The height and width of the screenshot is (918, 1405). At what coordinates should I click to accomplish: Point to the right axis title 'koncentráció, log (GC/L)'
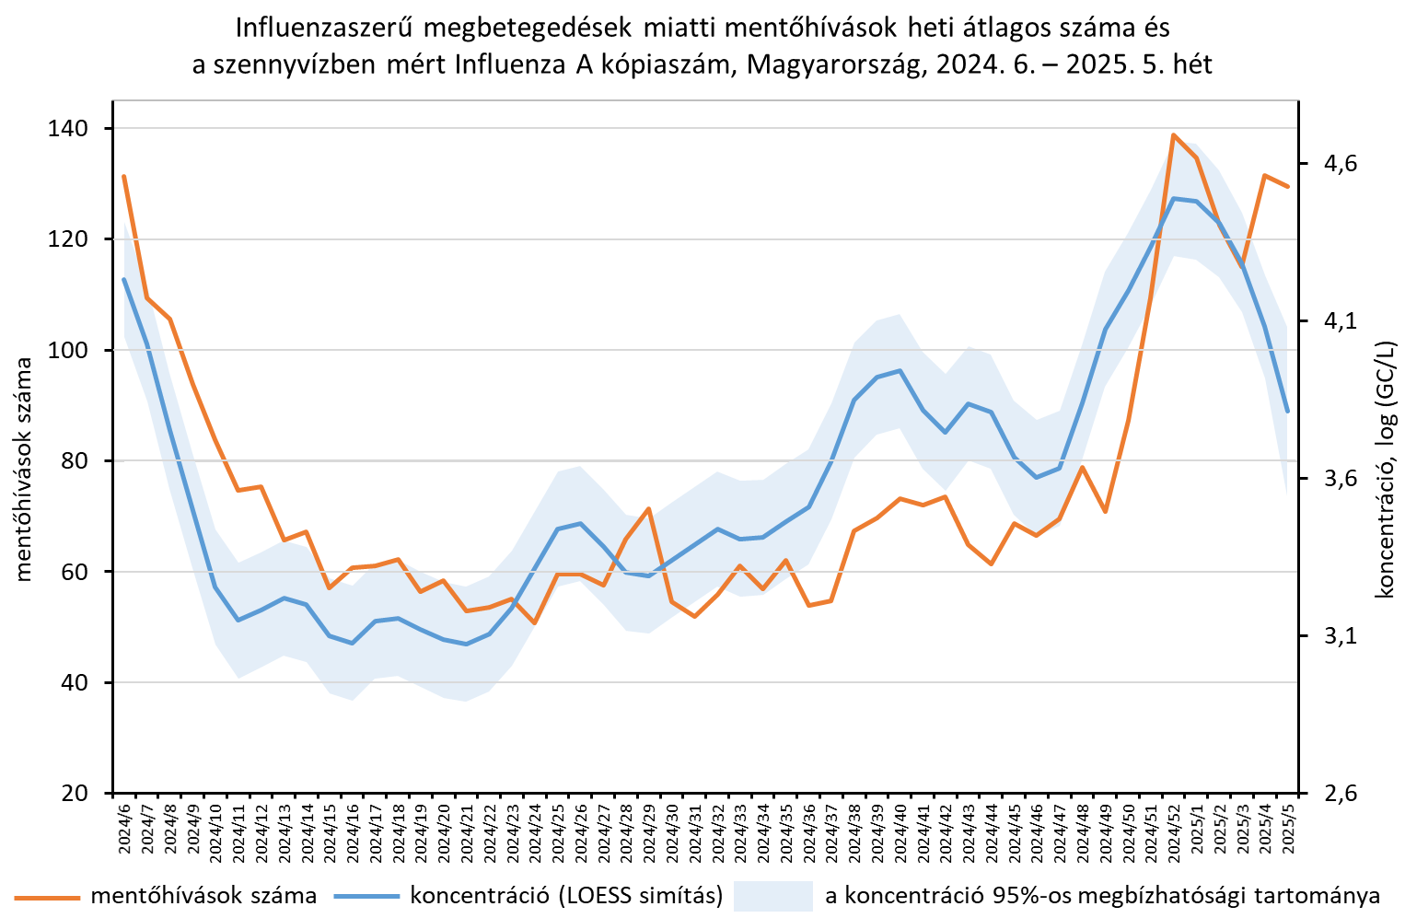1384,469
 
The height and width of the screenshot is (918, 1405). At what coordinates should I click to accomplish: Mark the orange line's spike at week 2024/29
649,508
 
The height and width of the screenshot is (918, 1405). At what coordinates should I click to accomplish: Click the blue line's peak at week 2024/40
900,370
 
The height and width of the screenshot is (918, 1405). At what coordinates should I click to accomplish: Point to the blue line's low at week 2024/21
467,644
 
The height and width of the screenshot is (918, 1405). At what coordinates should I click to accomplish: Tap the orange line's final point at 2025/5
1288,186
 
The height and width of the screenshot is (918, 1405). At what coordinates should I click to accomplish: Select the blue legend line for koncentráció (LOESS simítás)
366,896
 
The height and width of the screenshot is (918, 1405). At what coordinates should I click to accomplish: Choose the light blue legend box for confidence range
772,896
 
